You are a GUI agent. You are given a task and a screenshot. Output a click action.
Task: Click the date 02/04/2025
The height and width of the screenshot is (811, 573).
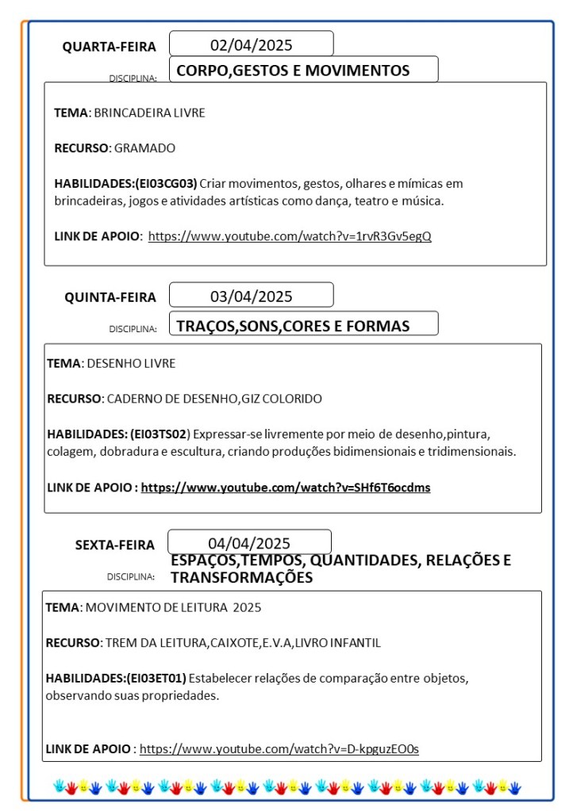click(x=251, y=44)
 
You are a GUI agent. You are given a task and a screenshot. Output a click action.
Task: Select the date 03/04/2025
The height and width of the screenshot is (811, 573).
click(x=251, y=296)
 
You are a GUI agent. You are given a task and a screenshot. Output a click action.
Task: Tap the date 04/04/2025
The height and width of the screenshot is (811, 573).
click(x=249, y=543)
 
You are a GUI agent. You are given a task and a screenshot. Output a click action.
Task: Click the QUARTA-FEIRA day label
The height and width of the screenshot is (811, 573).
click(x=110, y=47)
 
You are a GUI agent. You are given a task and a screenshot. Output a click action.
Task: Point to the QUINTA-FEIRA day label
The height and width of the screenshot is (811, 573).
click(x=110, y=297)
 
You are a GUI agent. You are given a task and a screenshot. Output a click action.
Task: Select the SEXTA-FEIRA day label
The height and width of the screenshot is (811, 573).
click(x=115, y=545)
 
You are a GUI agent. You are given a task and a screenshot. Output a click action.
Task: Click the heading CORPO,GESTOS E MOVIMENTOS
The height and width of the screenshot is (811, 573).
click(x=293, y=71)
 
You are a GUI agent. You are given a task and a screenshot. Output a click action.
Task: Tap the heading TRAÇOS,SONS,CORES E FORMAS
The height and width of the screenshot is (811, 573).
click(x=293, y=326)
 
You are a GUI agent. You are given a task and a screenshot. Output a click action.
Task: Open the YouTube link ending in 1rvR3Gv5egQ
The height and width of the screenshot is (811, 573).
click(x=290, y=235)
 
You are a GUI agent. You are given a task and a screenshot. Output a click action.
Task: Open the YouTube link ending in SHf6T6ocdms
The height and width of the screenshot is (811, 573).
click(x=286, y=488)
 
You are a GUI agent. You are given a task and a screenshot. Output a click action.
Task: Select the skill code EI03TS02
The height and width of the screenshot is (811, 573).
click(x=160, y=434)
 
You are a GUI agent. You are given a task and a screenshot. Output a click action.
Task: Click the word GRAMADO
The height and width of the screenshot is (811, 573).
click(x=144, y=147)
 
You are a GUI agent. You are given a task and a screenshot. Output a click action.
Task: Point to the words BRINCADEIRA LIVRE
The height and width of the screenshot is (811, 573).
click(x=149, y=113)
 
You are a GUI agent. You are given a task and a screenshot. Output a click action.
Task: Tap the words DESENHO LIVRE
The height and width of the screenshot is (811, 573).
click(x=131, y=363)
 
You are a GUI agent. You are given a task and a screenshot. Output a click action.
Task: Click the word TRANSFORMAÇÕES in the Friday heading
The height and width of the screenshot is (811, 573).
click(x=241, y=578)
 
